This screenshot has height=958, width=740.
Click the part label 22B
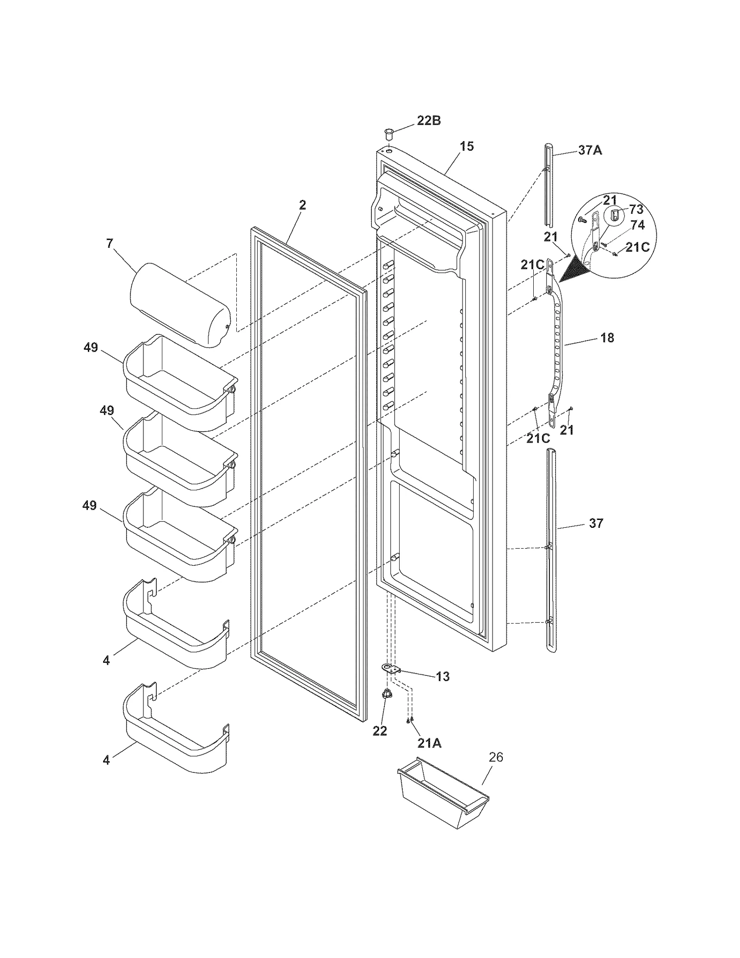tap(429, 121)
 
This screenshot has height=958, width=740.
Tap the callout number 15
tap(467, 147)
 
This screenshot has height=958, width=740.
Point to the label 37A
tap(590, 150)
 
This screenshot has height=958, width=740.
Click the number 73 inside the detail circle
tap(636, 210)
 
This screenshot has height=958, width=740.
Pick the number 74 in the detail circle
tap(637, 225)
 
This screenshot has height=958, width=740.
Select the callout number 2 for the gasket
tap(302, 205)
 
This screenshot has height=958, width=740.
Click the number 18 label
tap(607, 338)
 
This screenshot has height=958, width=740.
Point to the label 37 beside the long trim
tap(596, 523)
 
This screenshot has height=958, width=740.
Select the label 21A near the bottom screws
tap(429, 743)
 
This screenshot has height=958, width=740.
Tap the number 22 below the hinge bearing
tap(380, 731)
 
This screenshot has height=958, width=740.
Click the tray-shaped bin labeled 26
tap(443, 795)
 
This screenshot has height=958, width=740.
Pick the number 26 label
tap(496, 758)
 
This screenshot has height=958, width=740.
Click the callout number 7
tap(110, 243)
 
